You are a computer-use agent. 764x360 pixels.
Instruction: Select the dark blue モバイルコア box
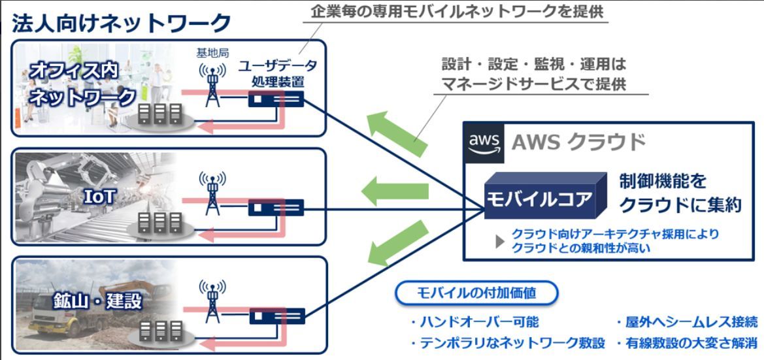point(540,196)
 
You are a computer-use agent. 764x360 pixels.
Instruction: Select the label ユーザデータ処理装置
point(277,74)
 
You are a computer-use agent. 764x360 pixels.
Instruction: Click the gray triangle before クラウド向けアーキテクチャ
point(501,240)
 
